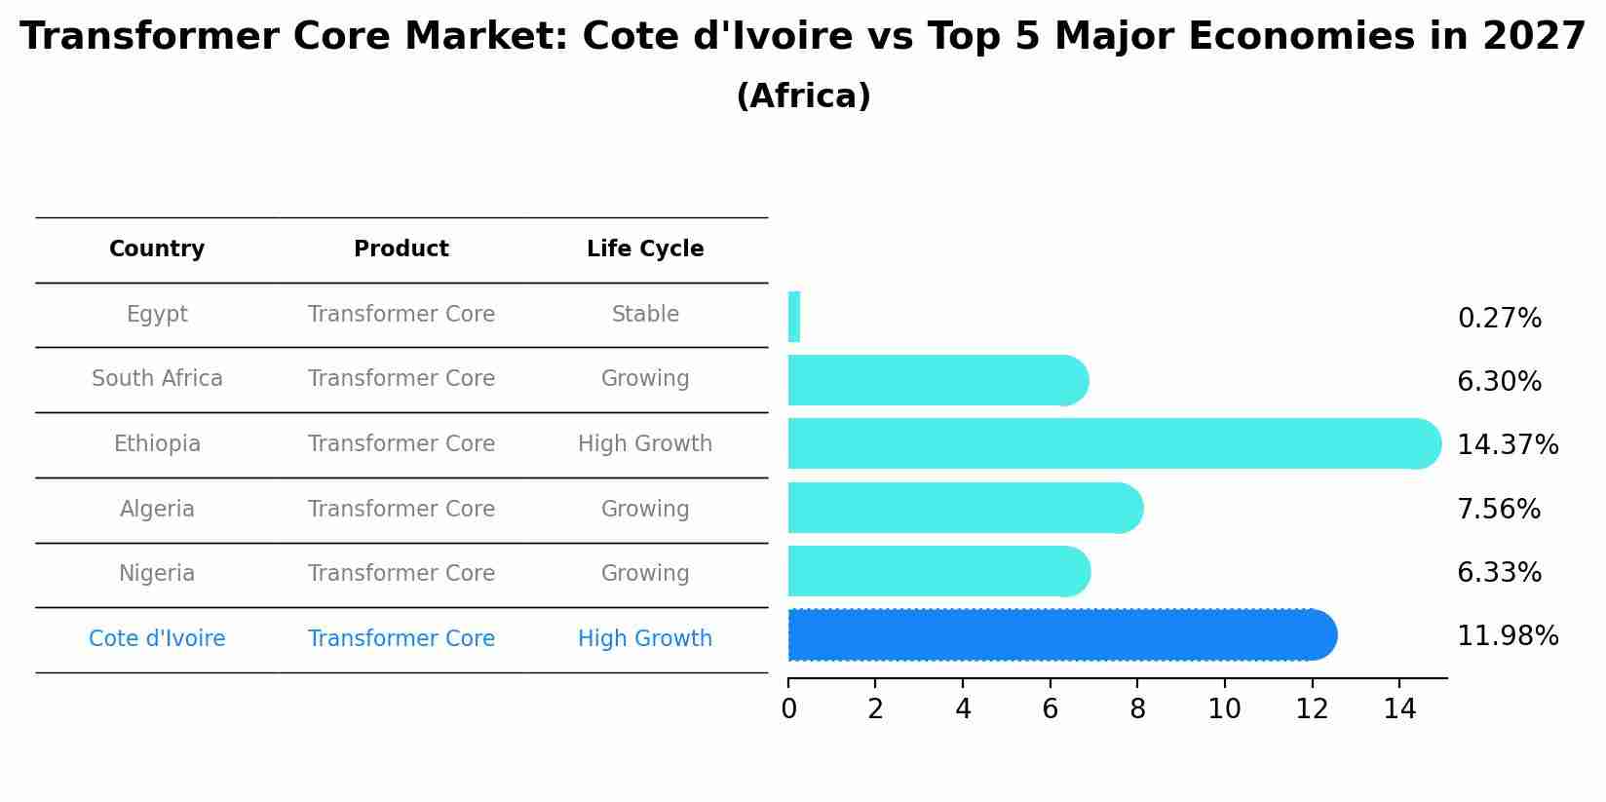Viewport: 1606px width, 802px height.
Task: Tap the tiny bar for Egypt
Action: click(x=794, y=317)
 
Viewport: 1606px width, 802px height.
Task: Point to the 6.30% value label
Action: click(x=1499, y=382)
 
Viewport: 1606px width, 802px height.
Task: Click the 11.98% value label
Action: click(x=1507, y=636)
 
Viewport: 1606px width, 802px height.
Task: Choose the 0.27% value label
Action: click(x=1499, y=319)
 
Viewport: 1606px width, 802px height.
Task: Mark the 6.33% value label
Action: click(x=1499, y=573)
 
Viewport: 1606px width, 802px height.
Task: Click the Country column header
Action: click(x=157, y=249)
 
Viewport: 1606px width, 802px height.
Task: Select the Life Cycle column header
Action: click(x=645, y=249)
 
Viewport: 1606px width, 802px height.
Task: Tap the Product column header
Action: click(x=401, y=249)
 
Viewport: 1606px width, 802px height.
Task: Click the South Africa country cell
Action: click(x=157, y=379)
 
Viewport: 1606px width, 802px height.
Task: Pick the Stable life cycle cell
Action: click(x=645, y=315)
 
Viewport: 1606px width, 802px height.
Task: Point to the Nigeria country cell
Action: click(x=157, y=574)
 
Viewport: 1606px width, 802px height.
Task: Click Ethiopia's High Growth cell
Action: click(x=645, y=444)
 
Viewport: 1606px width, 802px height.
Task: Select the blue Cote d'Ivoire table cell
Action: click(x=157, y=639)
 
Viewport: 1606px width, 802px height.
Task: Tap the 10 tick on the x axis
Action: click(x=1224, y=709)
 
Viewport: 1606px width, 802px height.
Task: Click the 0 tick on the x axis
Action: click(x=788, y=709)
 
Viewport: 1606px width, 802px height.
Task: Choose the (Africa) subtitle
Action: click(x=803, y=96)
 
